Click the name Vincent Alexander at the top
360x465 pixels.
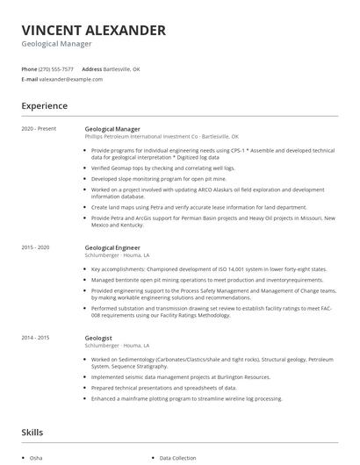[x=93, y=31]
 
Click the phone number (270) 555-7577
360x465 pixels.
[x=56, y=68]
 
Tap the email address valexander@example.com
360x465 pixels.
[x=71, y=79]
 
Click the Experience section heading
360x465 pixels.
[x=44, y=106]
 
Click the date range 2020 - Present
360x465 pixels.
[x=39, y=129]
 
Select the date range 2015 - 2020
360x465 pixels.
[x=35, y=247]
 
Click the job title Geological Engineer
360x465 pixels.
[x=112, y=247]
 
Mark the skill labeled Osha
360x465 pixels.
[x=35, y=458]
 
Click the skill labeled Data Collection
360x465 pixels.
[x=177, y=458]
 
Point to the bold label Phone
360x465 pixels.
[x=29, y=68]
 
